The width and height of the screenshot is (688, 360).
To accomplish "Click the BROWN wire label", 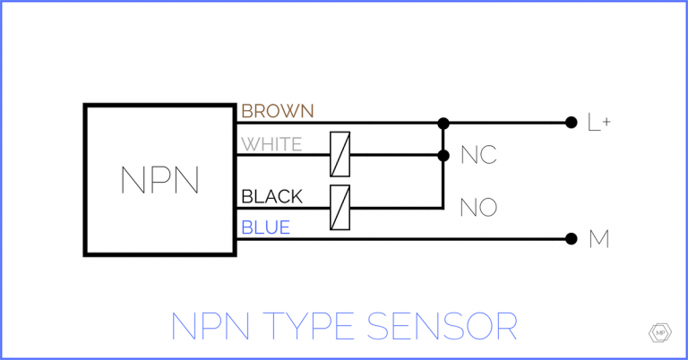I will (278, 111).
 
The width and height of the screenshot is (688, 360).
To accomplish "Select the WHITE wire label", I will (272, 144).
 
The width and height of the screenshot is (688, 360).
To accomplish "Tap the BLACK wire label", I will (272, 196).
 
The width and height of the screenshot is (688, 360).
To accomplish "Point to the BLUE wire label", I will (266, 228).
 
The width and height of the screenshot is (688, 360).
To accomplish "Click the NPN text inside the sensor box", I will (159, 180).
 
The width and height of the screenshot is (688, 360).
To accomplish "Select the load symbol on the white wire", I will (340, 155).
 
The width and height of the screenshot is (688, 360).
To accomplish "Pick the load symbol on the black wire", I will (340, 208).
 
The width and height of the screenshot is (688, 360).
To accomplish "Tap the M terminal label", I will (598, 239).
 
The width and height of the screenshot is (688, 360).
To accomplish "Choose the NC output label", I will (478, 156).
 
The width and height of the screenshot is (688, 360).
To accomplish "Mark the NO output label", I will (478, 208).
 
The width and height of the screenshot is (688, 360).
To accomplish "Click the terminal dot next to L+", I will (571, 123).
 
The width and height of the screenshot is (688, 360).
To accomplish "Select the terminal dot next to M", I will (571, 238).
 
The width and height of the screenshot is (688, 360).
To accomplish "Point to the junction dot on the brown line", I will (443, 123).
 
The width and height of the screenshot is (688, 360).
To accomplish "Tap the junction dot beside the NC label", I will (443, 155).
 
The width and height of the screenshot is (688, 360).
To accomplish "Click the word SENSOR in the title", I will (445, 325).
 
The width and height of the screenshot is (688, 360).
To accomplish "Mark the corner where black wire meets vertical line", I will (443, 208).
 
